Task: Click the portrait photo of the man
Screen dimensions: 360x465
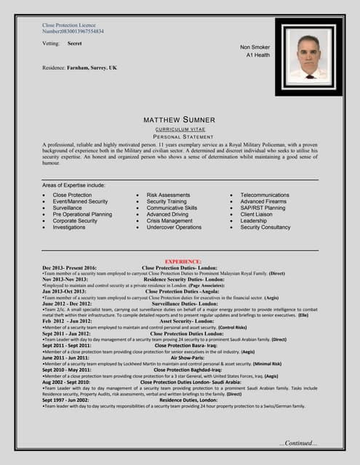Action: [308, 56]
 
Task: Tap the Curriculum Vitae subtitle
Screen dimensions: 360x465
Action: [180, 128]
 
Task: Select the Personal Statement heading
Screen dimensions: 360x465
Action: [180, 136]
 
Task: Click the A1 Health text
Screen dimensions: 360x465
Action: [258, 55]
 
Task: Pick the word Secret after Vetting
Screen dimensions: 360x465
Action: [74, 44]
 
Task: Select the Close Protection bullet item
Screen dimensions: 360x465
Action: [72, 195]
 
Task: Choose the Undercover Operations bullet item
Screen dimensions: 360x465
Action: [174, 227]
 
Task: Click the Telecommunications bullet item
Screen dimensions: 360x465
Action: [265, 195]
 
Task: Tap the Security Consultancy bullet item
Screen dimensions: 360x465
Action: [265, 227]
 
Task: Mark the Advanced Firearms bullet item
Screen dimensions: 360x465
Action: [263, 202]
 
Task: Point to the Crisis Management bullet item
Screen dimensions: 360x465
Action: [169, 221]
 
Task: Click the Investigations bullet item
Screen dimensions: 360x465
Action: [69, 227]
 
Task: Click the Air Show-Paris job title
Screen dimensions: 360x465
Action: [186, 358]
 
